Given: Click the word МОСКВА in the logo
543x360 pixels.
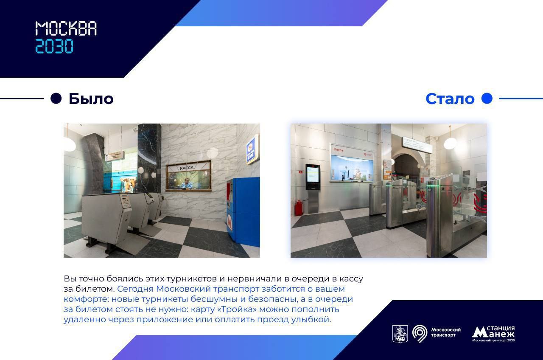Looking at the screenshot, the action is [x=66, y=28].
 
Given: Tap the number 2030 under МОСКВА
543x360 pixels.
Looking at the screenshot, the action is [x=54, y=46].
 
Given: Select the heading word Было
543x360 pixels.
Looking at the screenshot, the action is [x=91, y=99].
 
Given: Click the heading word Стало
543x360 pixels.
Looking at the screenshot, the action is [x=450, y=99].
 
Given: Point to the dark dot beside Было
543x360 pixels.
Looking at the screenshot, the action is [x=56, y=98].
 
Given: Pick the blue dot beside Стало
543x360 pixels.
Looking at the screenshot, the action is [x=487, y=98].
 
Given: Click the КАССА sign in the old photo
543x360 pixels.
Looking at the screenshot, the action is [x=187, y=168].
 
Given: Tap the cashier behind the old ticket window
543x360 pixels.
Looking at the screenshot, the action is [x=187, y=183].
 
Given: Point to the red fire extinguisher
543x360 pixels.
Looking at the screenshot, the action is [x=298, y=208].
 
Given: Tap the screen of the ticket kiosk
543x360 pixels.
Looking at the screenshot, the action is [x=313, y=174].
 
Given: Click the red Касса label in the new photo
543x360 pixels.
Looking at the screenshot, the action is [x=338, y=150].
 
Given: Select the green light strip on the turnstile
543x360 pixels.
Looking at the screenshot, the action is [x=433, y=186].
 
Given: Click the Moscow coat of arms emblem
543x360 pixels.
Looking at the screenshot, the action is [x=400, y=334].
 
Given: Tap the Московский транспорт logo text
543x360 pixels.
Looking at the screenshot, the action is [x=446, y=332].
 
